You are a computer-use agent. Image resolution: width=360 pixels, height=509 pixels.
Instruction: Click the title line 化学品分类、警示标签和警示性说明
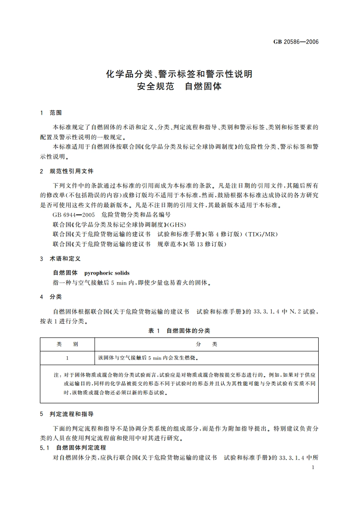(179, 73)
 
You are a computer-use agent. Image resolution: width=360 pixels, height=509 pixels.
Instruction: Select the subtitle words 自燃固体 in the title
(203, 86)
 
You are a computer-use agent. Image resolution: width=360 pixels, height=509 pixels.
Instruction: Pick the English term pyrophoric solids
(107, 273)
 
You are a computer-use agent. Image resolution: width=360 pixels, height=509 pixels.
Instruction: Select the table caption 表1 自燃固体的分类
(179, 331)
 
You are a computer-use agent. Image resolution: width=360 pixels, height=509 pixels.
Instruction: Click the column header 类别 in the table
(67, 344)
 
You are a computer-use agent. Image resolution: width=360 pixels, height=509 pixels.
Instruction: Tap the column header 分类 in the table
(206, 344)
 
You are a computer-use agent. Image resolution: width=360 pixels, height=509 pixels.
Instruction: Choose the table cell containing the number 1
(67, 358)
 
